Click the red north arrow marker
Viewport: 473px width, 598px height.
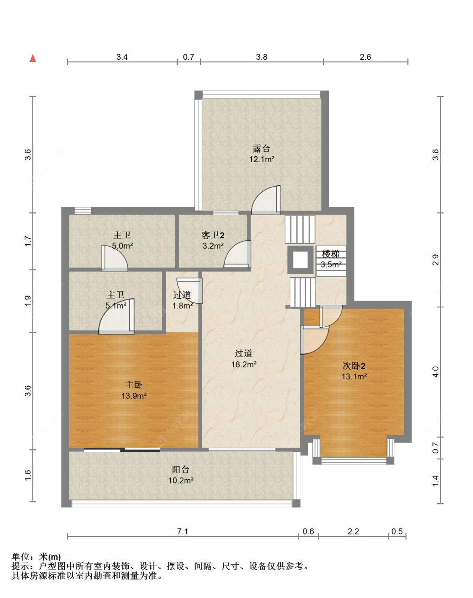pos(33,59)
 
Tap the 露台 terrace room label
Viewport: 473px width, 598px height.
pos(262,148)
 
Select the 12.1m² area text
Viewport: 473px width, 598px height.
pos(262,160)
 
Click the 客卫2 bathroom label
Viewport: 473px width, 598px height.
pos(213,235)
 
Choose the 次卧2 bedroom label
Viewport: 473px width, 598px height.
pos(354,366)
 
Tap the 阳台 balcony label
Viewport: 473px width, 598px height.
pos(181,469)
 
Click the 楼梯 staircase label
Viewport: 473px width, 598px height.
pos(331,254)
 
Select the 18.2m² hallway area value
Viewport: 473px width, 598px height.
pos(244,365)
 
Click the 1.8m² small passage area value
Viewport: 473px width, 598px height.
pos(182,306)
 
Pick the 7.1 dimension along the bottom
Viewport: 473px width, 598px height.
pos(182,531)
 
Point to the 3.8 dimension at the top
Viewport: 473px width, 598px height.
pos(262,57)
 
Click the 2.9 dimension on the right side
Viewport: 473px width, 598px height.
pos(436,260)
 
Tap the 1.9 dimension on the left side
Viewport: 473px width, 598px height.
pos(28,301)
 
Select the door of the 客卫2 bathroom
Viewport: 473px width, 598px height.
pos(238,254)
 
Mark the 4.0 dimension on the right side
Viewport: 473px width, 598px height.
pos(436,372)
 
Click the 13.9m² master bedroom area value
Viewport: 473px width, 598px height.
pos(134,396)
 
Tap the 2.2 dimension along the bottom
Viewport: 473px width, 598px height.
pos(354,531)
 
